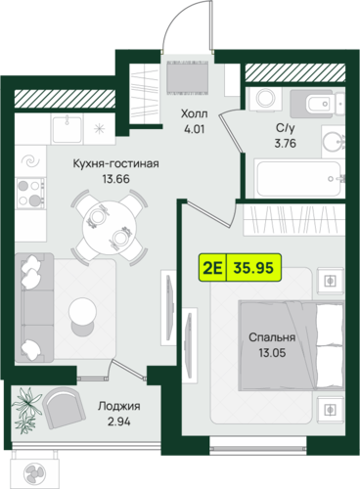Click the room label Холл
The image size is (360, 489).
[x=195, y=114]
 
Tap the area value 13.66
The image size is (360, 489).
[x=116, y=179]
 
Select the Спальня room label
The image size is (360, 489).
[x=272, y=337]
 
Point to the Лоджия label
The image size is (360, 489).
[x=119, y=406]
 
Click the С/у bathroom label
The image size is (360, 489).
[x=286, y=128]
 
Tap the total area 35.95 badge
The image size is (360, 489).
[x=253, y=268]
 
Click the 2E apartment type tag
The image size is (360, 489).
[x=212, y=268]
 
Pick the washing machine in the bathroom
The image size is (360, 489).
[x=266, y=99]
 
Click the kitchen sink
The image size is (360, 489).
[x=67, y=129]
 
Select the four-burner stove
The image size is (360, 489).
[x=30, y=193]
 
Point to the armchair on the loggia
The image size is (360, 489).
[x=64, y=408]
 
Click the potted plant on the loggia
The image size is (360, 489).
[x=26, y=410]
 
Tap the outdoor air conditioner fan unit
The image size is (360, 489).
[x=34, y=472]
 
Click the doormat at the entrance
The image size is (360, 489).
[x=188, y=77]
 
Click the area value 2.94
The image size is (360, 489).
[x=119, y=422]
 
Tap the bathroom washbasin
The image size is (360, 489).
[x=334, y=142]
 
